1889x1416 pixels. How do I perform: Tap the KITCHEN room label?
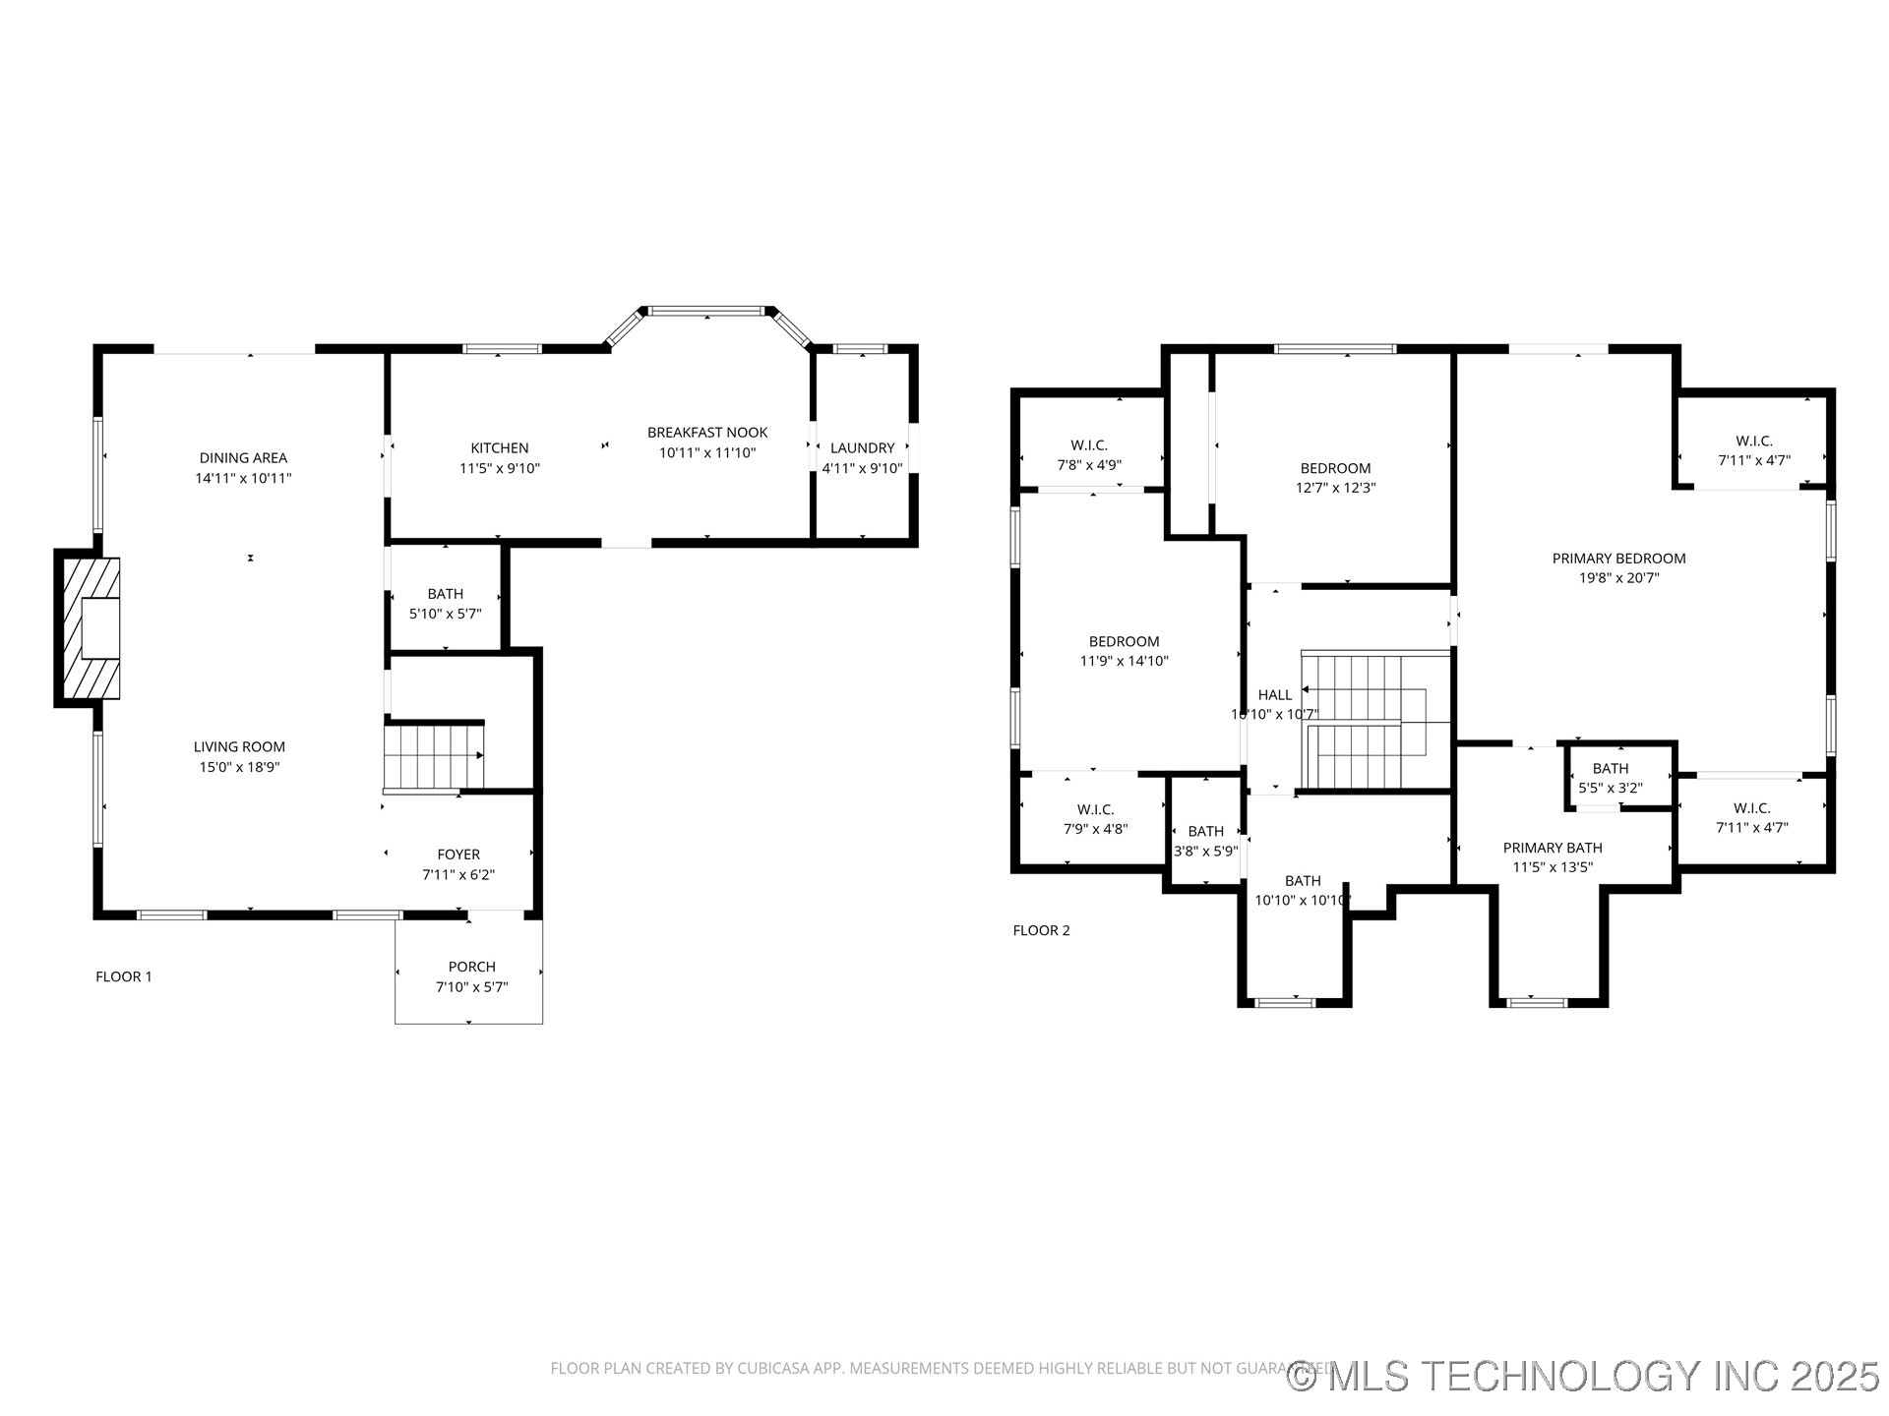pos(499,448)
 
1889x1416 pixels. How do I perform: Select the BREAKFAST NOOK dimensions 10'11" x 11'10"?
pos(706,453)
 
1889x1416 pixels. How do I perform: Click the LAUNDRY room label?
pos(862,448)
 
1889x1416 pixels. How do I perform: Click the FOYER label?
pos(458,855)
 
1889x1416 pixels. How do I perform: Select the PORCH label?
pos(471,967)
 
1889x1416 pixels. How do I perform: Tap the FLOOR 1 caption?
pos(124,976)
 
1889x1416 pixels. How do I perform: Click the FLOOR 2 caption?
pos(1041,930)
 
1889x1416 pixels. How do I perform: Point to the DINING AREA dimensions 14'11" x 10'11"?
pos(243,479)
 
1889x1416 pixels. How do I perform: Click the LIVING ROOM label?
pos(239,747)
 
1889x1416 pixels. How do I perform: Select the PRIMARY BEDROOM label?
pos(1618,559)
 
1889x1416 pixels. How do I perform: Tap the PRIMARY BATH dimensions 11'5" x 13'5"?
pos(1552,867)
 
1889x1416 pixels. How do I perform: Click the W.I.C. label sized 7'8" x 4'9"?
pos(1089,445)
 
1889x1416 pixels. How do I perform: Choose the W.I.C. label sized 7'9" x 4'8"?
pos(1095,809)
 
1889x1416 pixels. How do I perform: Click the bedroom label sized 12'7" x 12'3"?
pos(1335,468)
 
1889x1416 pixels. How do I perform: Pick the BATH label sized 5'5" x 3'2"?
pos(1610,769)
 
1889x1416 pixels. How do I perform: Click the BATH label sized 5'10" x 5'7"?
pos(445,594)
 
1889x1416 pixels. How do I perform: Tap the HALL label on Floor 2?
pos(1274,695)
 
